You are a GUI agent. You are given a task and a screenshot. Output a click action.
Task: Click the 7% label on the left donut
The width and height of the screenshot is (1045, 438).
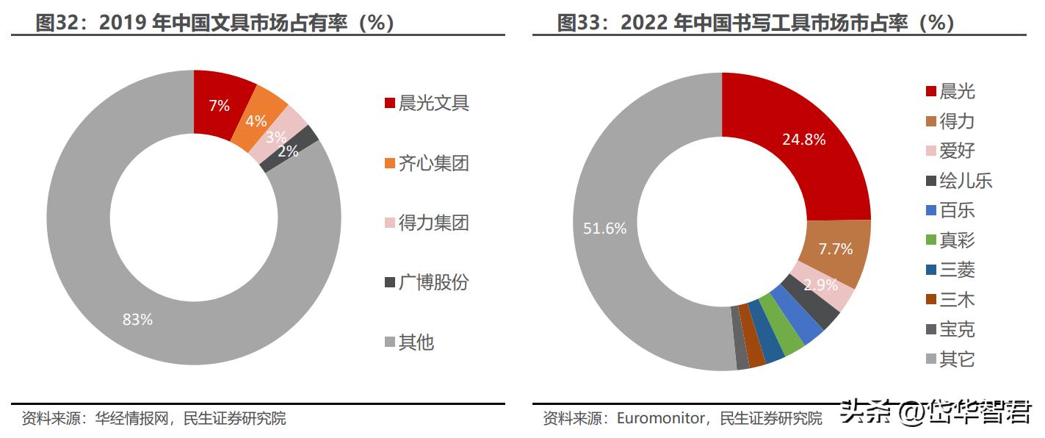point(219,105)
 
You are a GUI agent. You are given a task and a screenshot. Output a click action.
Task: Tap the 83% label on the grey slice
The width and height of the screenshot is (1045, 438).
point(137,320)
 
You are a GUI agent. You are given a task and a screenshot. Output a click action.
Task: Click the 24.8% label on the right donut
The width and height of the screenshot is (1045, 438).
point(803,139)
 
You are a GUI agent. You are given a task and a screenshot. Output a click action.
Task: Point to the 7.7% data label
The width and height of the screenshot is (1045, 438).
point(836,249)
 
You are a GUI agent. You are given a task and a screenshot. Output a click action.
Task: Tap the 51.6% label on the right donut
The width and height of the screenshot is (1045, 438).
point(605,229)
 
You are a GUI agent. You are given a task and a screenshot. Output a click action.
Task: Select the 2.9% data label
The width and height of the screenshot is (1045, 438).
point(821,285)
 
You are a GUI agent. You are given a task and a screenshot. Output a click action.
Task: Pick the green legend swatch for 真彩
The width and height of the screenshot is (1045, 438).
point(930,241)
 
